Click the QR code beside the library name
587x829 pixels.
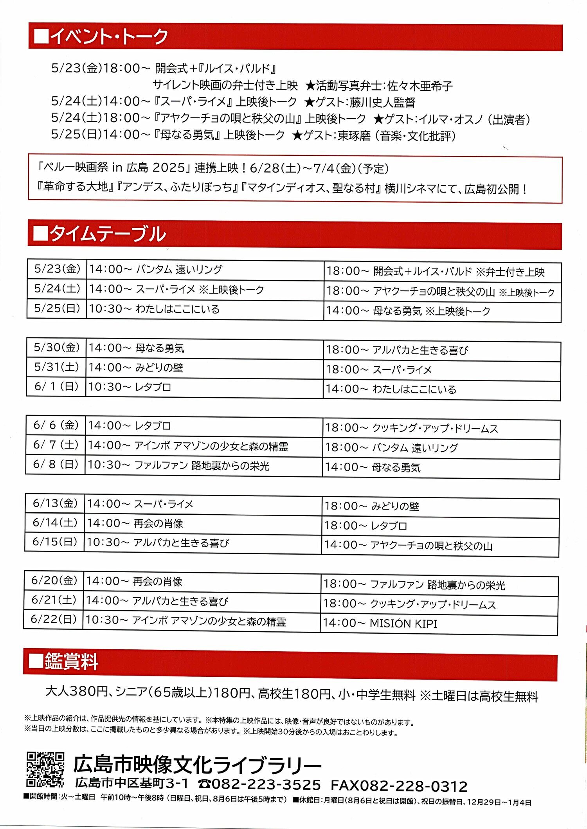(45, 769)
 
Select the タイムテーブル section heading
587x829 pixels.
(100, 234)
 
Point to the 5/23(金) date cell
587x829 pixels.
(57, 269)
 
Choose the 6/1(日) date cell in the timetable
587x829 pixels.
(56, 387)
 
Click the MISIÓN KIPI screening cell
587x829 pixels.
(439, 623)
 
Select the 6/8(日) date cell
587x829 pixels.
(56, 464)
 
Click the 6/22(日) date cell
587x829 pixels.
(54, 619)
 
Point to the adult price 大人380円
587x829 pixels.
(76, 691)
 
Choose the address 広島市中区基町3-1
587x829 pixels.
(132, 783)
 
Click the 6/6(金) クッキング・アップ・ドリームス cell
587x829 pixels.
(441, 428)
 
